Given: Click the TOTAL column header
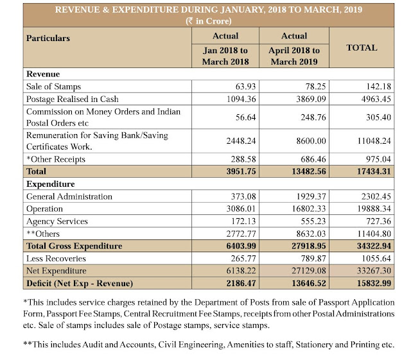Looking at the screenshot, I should pyautogui.click(x=362, y=47).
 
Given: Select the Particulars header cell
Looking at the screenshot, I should pyautogui.click(x=48, y=39).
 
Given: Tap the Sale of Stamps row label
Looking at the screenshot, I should pyautogui.click(x=53, y=86).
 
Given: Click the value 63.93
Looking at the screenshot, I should pyautogui.click(x=236, y=86).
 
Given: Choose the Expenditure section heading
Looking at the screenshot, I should pyautogui.click(x=50, y=184).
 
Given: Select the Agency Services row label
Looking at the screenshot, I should pyautogui.click(x=57, y=221).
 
